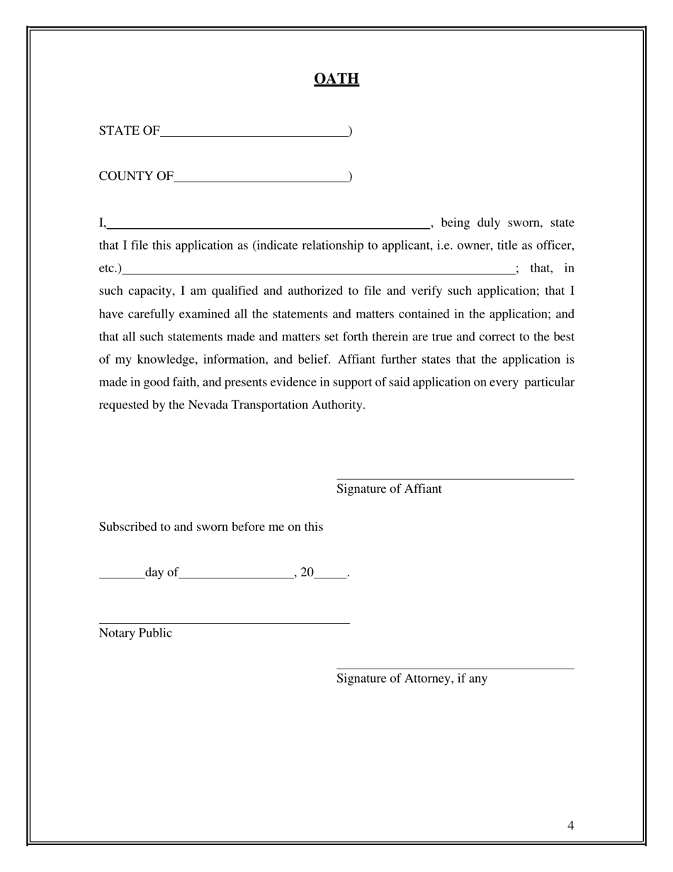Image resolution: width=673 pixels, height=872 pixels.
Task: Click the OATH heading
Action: tap(336, 79)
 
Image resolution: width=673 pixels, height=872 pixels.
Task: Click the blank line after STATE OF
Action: tap(254, 132)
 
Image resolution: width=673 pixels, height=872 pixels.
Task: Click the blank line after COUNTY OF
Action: tap(261, 177)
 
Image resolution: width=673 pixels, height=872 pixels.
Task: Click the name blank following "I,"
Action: tap(268, 225)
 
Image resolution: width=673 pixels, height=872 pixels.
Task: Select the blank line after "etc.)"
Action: tap(319, 270)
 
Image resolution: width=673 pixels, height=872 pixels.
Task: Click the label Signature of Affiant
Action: tap(389, 488)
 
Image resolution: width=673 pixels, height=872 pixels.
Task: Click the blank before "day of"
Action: tap(121, 575)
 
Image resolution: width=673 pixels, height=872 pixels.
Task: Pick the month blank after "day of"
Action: tap(236, 575)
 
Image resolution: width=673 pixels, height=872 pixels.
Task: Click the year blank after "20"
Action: tap(330, 575)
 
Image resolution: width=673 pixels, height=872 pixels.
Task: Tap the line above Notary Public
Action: tap(224, 622)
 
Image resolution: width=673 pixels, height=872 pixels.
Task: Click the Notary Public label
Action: tap(135, 633)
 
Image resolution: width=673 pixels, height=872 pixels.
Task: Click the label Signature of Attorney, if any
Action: tap(412, 678)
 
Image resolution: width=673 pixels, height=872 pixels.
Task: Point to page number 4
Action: tap(570, 825)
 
